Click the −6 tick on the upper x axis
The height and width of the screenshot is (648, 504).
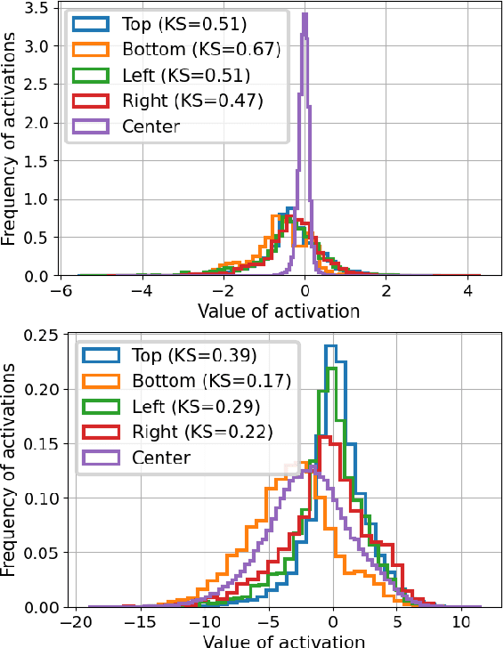61,291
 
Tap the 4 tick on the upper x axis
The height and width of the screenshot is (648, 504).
467,291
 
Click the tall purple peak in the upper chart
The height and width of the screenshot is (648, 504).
305,18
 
